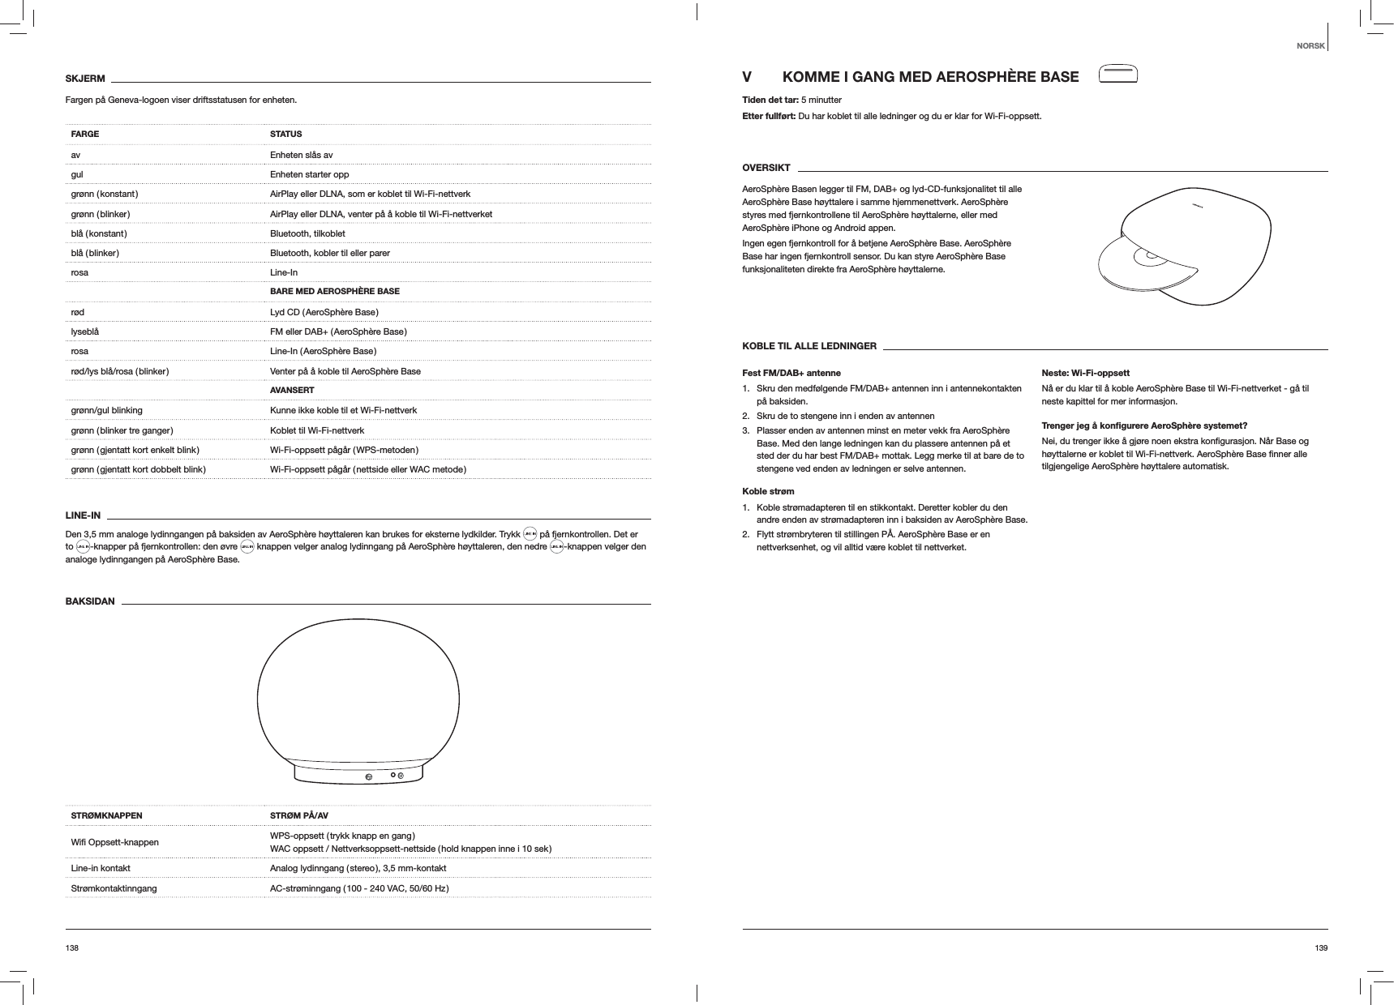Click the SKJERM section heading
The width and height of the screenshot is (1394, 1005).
(85, 79)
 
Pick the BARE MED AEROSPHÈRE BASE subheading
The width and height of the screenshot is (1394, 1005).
(334, 291)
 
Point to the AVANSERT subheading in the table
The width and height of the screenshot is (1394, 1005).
(292, 391)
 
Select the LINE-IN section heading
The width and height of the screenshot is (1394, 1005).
(83, 515)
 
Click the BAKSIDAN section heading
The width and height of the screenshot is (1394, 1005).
(90, 601)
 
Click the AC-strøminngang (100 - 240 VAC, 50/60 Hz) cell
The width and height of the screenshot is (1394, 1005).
(359, 888)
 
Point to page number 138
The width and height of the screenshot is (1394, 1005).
(72, 947)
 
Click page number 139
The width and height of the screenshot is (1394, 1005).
(1321, 947)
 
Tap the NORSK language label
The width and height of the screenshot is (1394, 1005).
(1310, 45)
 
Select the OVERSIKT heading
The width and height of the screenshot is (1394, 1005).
(766, 168)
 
